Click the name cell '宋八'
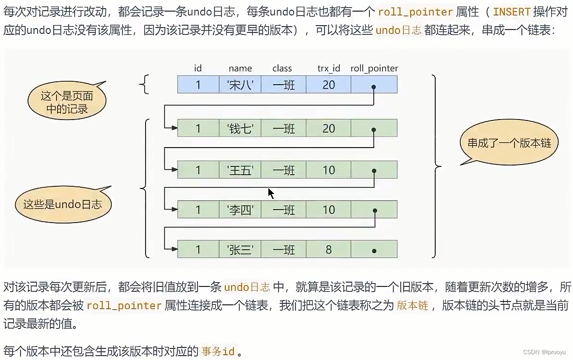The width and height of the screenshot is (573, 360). point(240,85)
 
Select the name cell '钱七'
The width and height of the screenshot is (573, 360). point(240,129)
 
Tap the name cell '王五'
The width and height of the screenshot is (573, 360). point(240,170)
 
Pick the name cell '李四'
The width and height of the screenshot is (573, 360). point(240,210)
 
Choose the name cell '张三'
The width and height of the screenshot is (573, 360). point(240,250)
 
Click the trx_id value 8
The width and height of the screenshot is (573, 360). point(329,250)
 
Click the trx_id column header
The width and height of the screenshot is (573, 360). point(329,69)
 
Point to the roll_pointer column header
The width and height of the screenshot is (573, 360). point(374,69)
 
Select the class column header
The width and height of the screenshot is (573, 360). point(282,69)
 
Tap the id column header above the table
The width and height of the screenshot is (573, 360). point(198,69)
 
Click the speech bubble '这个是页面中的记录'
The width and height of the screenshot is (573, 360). point(67,102)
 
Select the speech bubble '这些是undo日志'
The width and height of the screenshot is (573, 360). point(63,204)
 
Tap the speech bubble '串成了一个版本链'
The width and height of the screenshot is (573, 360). point(509,143)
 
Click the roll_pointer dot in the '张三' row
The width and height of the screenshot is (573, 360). point(374,251)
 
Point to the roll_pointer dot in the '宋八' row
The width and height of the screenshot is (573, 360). point(374,87)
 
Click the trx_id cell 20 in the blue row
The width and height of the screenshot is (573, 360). point(329,85)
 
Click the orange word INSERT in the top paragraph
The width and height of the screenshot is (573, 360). point(512,12)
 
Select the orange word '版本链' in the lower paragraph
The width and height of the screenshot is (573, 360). point(412,306)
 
